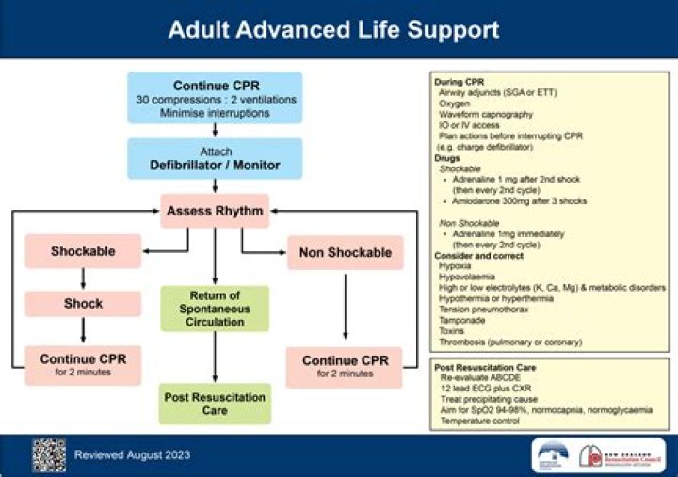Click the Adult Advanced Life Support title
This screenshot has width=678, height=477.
[333, 29]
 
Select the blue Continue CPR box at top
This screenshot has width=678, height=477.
[215, 98]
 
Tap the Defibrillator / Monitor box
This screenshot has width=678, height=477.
[215, 158]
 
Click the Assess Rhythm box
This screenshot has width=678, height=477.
[215, 211]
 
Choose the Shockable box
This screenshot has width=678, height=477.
[84, 252]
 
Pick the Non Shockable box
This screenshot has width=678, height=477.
[344, 252]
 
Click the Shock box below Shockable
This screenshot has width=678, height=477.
[84, 304]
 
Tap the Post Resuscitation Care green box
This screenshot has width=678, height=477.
[215, 404]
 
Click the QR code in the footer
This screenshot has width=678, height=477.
[48, 454]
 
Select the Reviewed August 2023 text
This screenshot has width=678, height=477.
[132, 455]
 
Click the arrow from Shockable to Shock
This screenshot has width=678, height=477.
[84, 278]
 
